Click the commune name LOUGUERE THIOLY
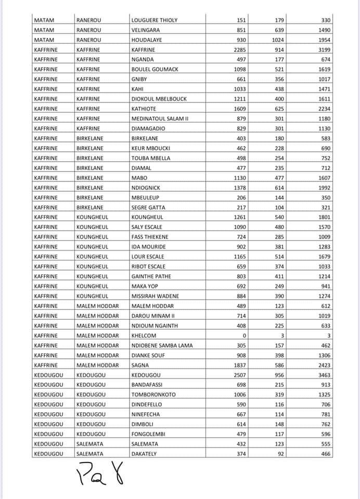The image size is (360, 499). pos(155,20)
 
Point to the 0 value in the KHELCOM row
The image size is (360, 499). pos(244,335)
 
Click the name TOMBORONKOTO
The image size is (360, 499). pos(153,395)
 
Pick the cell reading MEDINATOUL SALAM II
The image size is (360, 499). pos(160,119)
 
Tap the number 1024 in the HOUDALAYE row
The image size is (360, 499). pos(281,40)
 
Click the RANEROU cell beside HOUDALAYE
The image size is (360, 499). pos(89,40)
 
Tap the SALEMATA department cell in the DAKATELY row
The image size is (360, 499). pos(90,454)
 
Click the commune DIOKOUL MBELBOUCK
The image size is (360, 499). pos(159,99)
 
